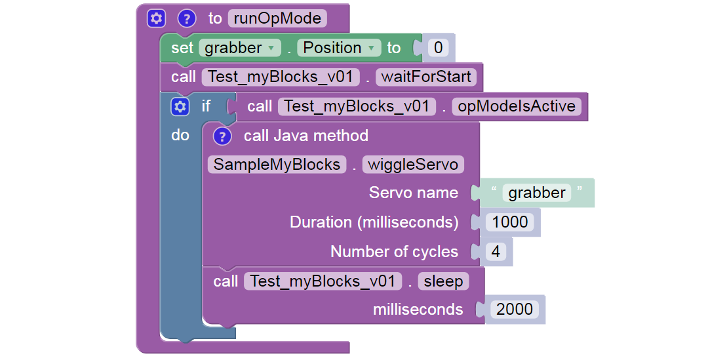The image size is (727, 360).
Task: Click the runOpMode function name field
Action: point(277,18)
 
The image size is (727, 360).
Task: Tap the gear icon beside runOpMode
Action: point(155,18)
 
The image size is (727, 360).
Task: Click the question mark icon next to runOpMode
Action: point(187,18)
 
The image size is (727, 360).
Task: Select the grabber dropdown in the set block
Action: point(240,48)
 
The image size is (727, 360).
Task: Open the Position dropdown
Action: point(338,48)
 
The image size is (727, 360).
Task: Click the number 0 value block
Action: point(437,48)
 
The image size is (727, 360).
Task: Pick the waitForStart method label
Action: point(426,77)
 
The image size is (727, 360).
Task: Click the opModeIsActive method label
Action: point(517,106)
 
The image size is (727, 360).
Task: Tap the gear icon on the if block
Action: point(179,106)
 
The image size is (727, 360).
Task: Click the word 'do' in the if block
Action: point(180,135)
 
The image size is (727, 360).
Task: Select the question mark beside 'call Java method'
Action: point(222,136)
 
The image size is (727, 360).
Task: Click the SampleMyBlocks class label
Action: point(277,164)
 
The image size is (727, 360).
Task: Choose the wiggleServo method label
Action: point(413,164)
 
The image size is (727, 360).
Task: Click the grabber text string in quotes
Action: point(537,193)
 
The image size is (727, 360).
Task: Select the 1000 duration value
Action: point(510,222)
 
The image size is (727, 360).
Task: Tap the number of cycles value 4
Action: point(496,252)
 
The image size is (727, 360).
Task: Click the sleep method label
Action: point(443,281)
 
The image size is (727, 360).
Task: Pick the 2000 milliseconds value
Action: point(515,310)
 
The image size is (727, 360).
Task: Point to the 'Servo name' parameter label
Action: point(413,193)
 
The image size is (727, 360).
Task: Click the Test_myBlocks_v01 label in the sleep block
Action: point(322,281)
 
